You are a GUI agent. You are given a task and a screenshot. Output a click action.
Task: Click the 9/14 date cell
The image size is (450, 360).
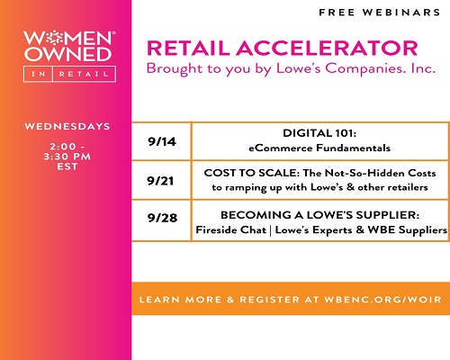(x=161, y=141)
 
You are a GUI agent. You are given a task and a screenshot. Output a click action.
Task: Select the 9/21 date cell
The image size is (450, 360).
(x=161, y=181)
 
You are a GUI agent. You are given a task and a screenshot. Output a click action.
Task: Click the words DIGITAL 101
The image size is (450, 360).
(x=319, y=133)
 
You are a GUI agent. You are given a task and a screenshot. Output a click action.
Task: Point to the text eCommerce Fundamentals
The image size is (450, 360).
(x=319, y=148)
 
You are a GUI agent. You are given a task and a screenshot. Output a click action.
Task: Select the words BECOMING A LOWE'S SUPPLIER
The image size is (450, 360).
(x=319, y=215)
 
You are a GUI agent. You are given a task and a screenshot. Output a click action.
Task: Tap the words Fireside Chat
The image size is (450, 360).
(x=231, y=229)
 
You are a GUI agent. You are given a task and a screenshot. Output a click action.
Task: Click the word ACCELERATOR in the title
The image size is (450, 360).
(x=327, y=49)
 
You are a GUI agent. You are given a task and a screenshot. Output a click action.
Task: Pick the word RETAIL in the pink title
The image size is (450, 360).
(x=188, y=49)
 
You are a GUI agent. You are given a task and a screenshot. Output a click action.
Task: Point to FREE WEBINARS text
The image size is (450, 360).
(x=380, y=13)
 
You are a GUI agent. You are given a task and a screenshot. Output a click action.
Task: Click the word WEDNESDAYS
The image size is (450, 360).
(x=67, y=126)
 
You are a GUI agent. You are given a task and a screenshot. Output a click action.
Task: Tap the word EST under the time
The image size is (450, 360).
(x=67, y=166)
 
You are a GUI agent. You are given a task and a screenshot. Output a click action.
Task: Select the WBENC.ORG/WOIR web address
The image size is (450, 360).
(x=382, y=300)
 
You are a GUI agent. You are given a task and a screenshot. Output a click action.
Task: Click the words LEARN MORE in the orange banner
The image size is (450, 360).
(x=180, y=300)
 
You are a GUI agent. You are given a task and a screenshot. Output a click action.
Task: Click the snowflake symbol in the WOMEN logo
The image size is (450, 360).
(x=54, y=38)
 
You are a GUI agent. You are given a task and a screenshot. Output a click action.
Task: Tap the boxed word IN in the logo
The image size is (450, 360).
(x=39, y=74)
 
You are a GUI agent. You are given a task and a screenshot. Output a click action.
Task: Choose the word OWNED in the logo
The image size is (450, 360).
(x=68, y=54)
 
